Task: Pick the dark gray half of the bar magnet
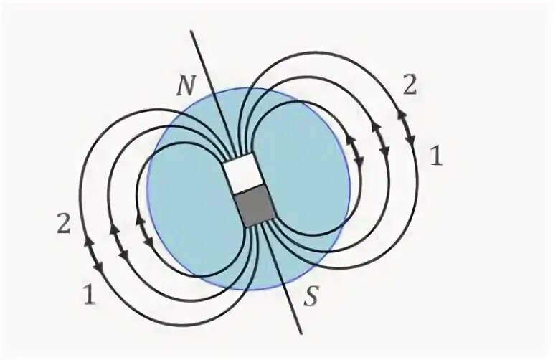(x=255, y=206)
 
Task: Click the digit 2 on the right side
(x=409, y=85)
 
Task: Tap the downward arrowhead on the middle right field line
(x=385, y=153)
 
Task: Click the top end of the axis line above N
(x=190, y=32)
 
